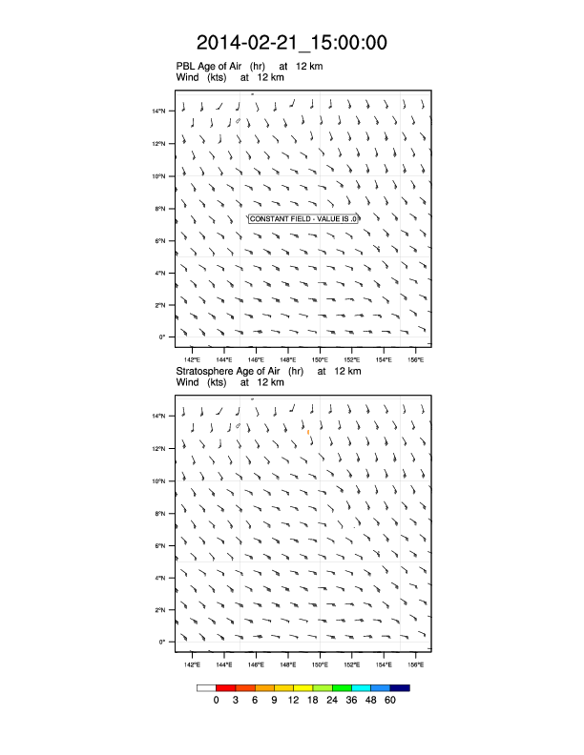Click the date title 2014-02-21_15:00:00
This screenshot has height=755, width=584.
[292, 43]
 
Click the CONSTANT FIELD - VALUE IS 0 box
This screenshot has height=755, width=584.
[303, 219]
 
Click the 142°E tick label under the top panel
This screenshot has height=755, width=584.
[192, 358]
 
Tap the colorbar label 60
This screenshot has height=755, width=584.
[390, 700]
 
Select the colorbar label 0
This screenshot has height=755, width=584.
[217, 700]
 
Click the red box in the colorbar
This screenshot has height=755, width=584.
[226, 687]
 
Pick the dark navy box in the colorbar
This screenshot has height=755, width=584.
[400, 687]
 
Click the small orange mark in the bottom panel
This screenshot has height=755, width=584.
[308, 432]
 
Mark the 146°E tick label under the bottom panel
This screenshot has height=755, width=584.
[256, 663]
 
